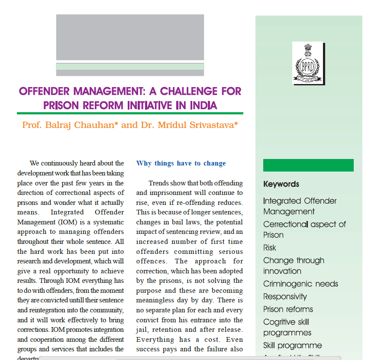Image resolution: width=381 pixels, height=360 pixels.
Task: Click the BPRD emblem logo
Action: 308,63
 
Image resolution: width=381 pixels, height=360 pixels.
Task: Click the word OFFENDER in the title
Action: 45,92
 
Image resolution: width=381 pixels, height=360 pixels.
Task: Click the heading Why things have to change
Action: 181,163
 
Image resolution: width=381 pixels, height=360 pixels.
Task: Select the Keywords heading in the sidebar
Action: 281,184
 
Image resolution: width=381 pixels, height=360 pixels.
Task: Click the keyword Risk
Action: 269,248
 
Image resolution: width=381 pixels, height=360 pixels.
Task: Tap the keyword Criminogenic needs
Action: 300,284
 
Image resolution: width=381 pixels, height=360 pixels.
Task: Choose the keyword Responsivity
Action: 285,297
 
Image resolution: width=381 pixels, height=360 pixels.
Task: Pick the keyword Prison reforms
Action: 288,309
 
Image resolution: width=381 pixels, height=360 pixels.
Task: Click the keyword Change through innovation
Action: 294,266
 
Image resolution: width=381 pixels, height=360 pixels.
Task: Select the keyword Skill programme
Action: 292,346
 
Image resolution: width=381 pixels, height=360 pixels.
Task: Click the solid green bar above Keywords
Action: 308,165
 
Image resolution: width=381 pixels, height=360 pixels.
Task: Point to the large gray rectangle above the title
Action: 130,37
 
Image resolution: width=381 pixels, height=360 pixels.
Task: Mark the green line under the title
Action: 130,114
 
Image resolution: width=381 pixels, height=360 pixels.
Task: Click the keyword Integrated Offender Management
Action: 300,206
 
